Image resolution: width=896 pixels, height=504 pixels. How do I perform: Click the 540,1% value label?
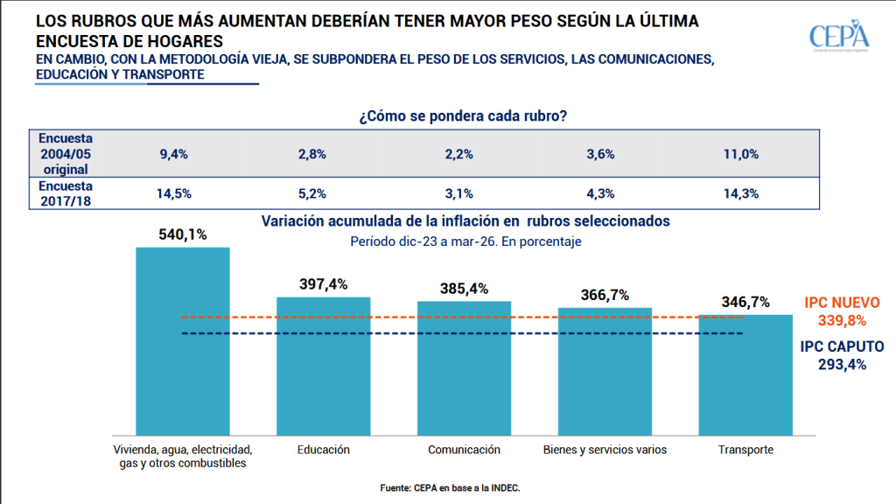pos(182,234)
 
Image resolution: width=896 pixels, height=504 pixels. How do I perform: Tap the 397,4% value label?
pos(323,284)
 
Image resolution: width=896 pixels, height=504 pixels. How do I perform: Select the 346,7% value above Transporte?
pos(745,302)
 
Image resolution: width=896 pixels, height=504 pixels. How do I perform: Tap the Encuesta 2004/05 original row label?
pos(66,153)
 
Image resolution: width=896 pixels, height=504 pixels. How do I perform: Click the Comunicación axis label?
pos(464,450)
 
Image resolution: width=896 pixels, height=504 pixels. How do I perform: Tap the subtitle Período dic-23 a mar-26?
pos(465,240)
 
